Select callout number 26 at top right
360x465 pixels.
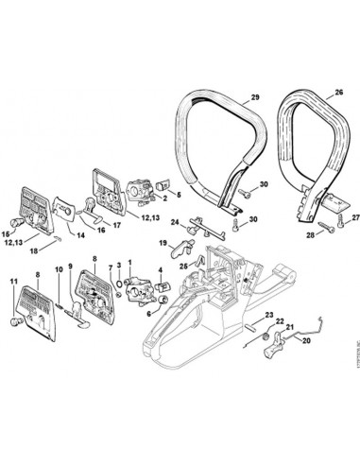338,94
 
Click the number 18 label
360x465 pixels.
33,250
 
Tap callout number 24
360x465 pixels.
175,222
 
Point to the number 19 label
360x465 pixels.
164,243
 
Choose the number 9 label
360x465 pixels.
70,267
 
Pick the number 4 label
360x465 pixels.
162,269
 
